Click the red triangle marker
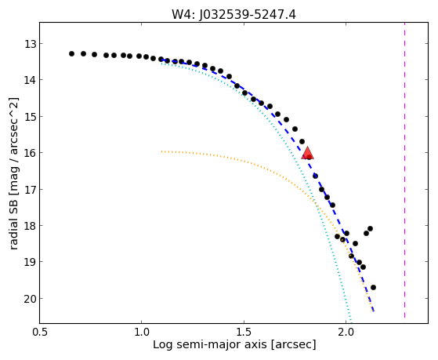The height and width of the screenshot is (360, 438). (307, 153)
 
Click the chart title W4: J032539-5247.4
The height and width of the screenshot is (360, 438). (233, 15)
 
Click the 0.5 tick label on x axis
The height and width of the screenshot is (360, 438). (40, 332)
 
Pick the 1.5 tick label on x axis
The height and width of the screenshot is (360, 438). (244, 332)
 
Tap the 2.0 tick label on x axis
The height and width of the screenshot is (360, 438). (346, 332)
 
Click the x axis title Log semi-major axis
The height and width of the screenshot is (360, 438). (209, 345)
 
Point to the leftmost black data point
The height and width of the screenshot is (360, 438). (71, 53)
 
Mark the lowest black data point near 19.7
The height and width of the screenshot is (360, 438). (373, 287)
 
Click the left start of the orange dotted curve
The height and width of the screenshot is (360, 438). (161, 151)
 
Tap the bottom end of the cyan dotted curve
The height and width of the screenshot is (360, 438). (350, 322)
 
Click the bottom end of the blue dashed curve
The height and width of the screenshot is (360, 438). (374, 311)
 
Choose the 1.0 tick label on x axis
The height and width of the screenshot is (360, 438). (142, 332)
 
